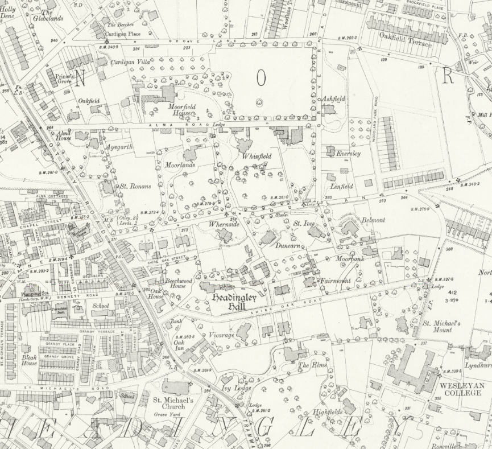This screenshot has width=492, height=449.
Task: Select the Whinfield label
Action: (257, 156)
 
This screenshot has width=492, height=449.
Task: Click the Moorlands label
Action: (180, 165)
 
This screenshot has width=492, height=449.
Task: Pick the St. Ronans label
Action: (135, 186)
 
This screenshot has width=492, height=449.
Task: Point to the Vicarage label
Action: (221, 335)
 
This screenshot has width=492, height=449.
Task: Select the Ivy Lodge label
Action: (236, 388)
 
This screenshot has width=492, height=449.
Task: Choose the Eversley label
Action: (348, 154)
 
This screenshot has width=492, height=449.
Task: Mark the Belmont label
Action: (373, 220)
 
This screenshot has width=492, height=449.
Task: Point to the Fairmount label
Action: (336, 281)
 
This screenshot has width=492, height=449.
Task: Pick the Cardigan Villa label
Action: (130, 61)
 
